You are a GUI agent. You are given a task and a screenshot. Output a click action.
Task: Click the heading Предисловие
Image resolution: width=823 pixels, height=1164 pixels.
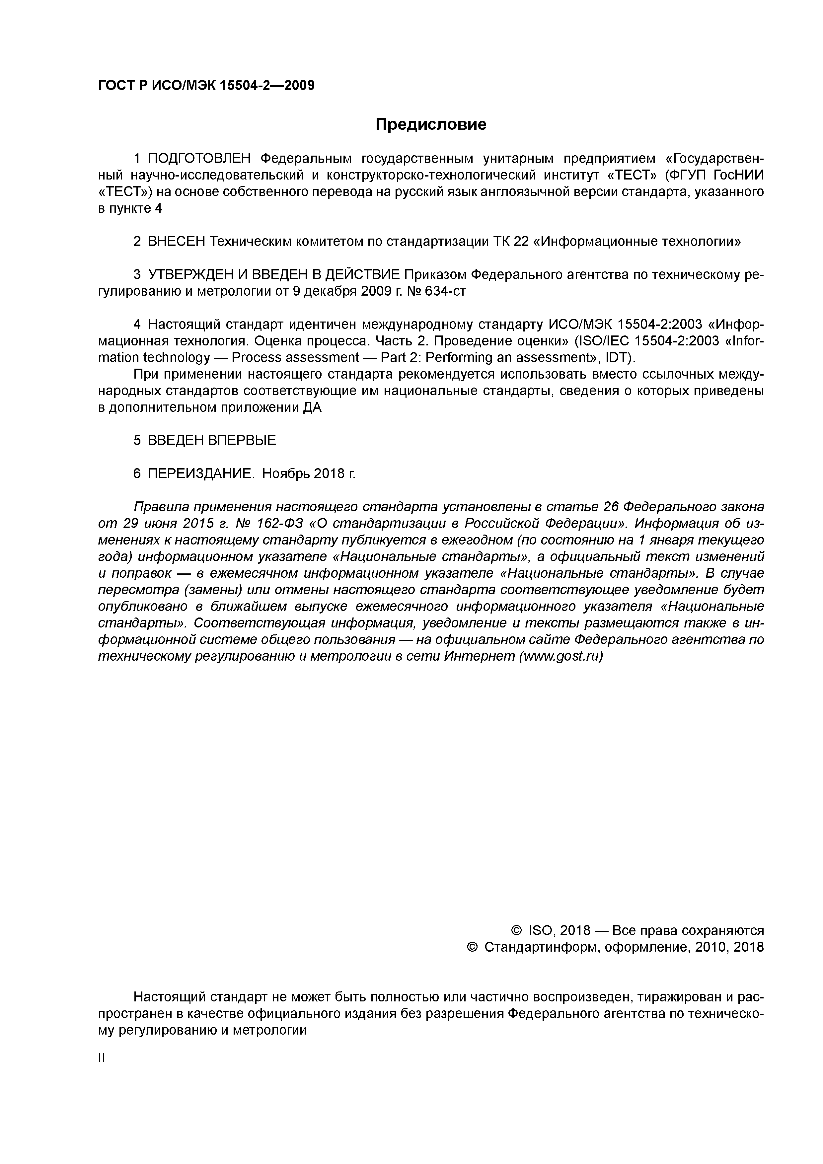coord(430,124)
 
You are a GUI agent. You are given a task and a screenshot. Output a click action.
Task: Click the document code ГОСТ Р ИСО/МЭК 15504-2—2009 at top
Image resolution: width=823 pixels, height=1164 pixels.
coord(206,85)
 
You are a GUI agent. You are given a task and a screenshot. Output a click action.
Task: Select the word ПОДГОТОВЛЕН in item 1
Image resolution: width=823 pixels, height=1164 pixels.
coord(199,159)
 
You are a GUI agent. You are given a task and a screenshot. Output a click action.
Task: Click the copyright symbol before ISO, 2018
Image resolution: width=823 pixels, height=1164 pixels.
coord(516,931)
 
